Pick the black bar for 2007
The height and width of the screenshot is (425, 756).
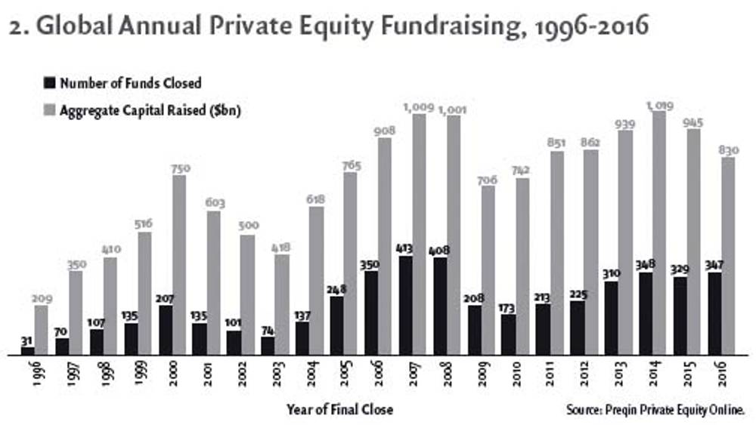tap(404, 306)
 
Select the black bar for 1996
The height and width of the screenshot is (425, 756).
tap(28, 350)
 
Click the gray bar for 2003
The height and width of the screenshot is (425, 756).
tap(280, 304)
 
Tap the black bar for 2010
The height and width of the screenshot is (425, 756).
tap(507, 334)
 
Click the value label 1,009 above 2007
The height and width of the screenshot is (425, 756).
tap(420, 107)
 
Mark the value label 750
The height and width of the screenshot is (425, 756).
tap(178, 169)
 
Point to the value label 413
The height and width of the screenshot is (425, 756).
tap(404, 248)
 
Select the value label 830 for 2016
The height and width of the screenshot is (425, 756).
tap(727, 151)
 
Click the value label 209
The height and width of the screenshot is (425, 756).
tap(42, 299)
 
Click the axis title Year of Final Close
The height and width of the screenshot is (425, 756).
tap(339, 410)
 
